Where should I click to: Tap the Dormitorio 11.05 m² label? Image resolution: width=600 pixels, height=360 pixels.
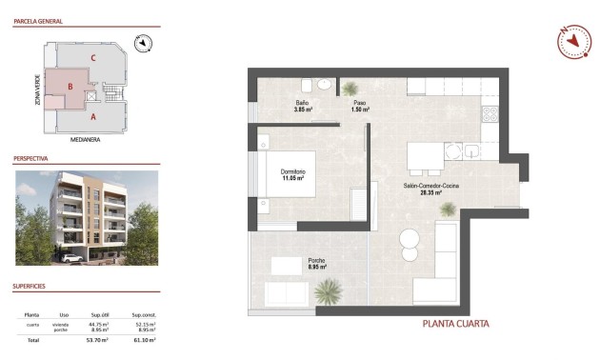pos(292,174)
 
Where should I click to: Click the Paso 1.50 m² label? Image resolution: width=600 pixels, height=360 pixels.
pos(360,106)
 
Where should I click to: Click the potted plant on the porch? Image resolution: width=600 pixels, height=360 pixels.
pos(328,290)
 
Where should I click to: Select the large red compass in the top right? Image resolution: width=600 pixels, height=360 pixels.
pos(574,39)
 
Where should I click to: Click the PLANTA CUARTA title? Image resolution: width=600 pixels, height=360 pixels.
pos(455,324)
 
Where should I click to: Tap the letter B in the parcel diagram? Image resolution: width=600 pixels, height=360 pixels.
pos(70,88)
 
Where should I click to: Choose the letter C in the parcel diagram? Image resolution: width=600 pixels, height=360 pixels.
pos(92,58)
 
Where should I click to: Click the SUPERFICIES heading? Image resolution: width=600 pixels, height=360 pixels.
pos(30,286)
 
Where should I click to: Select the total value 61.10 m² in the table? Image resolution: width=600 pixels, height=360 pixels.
pos(144,339)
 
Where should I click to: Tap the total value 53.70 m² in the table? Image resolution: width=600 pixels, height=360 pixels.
pos(98,339)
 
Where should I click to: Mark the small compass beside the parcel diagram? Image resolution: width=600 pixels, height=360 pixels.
pos(142,42)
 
